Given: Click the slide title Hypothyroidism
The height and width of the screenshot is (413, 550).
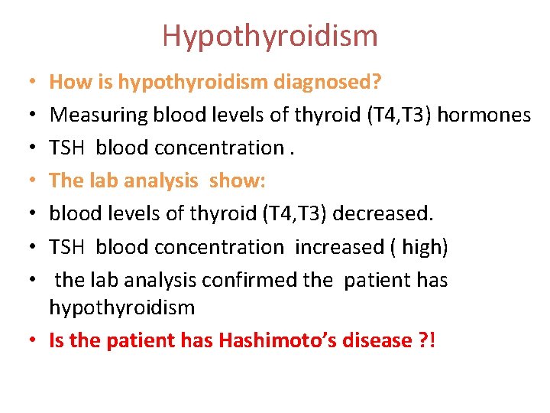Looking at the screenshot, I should (x=270, y=36).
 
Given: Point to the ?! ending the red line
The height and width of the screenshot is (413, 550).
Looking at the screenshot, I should (x=429, y=340).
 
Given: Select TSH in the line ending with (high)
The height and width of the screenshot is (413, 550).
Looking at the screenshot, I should (x=67, y=246).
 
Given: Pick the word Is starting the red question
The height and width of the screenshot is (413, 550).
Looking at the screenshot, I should (x=57, y=340).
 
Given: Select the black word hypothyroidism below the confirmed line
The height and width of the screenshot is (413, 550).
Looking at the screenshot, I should (x=122, y=307).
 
